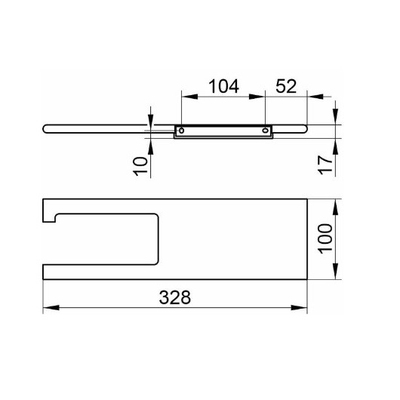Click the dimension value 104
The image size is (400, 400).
(x=223, y=86)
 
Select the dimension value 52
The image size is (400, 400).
(x=286, y=86)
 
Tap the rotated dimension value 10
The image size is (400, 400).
(x=140, y=166)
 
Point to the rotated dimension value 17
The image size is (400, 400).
(x=325, y=165)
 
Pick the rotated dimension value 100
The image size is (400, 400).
(x=325, y=239)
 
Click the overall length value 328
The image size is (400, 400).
(x=175, y=297)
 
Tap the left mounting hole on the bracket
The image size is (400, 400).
(x=181, y=131)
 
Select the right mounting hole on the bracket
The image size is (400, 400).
(x=266, y=131)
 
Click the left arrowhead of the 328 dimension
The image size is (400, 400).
(x=51, y=307)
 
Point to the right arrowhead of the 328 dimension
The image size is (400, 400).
(x=299, y=307)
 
